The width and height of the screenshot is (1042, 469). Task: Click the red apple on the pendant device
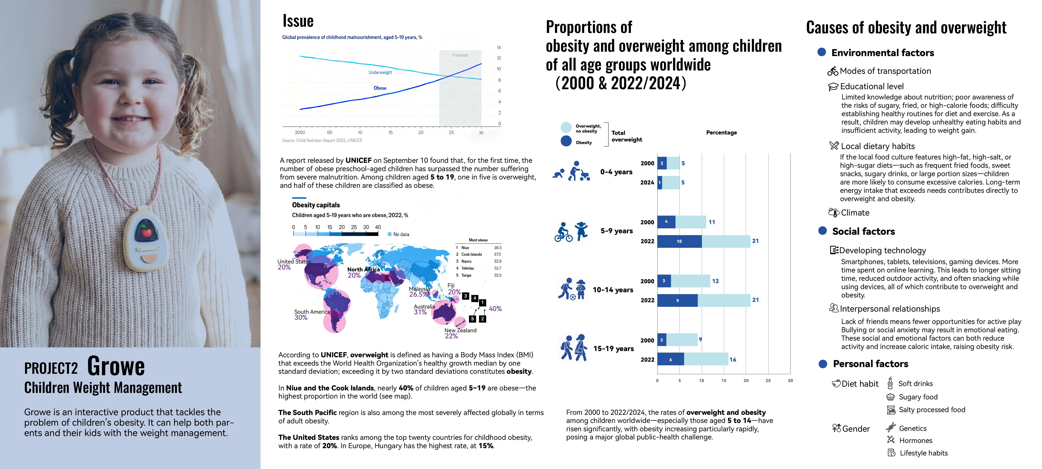(146, 232)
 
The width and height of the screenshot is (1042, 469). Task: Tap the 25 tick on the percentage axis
(768, 380)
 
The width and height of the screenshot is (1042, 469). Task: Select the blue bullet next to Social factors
(822, 231)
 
